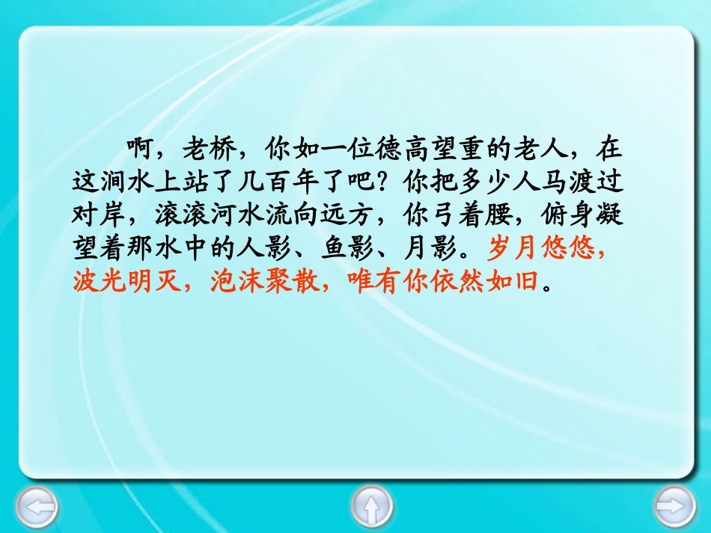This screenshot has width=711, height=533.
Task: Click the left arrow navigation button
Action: point(37,507)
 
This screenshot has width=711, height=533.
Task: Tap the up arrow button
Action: point(372,507)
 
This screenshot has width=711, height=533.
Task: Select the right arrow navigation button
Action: point(675,507)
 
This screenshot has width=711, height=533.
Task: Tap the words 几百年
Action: point(280,182)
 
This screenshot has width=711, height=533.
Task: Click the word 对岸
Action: point(100,215)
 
